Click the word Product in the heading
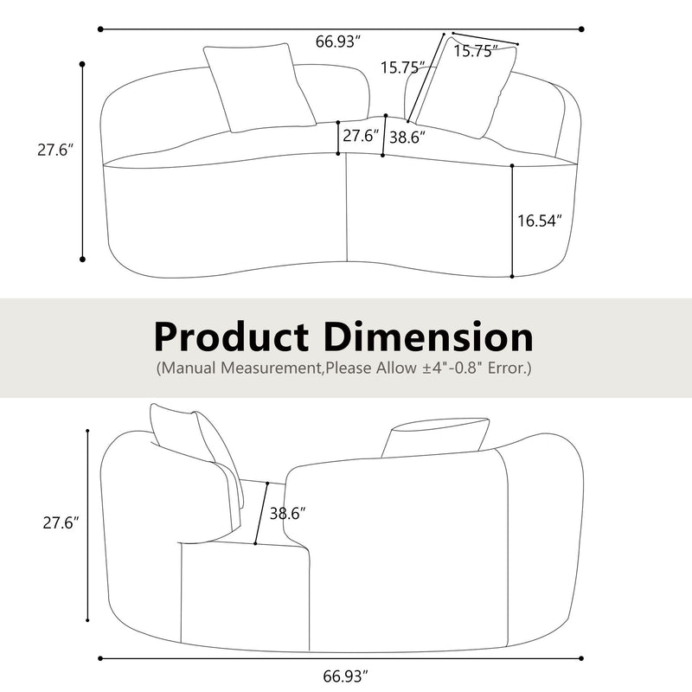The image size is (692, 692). (231, 336)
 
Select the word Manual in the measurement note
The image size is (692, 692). (192, 368)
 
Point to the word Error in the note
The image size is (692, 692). (509, 368)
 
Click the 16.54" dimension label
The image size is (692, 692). (540, 221)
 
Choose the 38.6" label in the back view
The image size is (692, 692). (288, 513)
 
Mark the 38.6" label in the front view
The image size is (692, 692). (407, 136)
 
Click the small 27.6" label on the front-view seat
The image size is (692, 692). (361, 136)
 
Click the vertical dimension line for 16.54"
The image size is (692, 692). (512, 221)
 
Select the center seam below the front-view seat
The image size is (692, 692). (347, 208)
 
